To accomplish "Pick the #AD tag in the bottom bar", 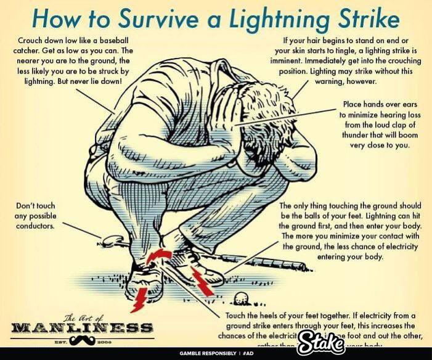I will (x=250, y=354).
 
